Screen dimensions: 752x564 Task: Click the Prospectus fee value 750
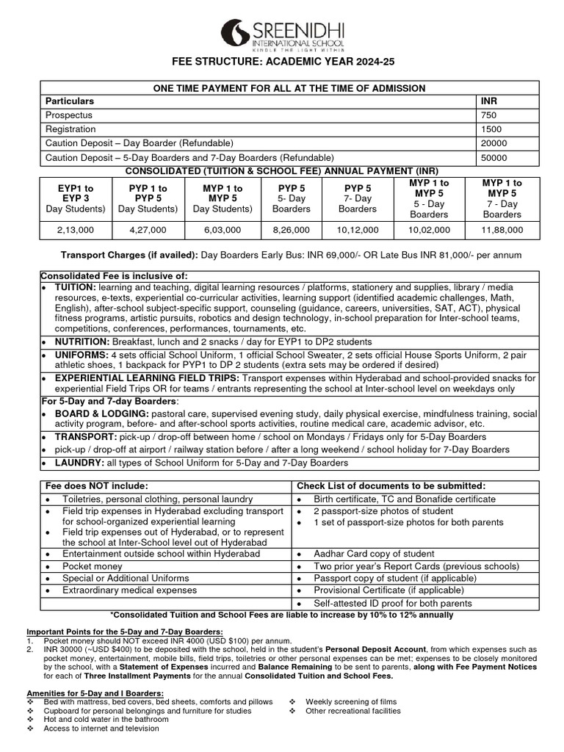point(489,115)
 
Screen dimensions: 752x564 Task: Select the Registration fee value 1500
point(491,129)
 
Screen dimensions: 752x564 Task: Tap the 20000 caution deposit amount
point(493,143)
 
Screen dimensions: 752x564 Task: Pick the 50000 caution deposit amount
point(493,157)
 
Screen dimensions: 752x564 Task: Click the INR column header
point(489,101)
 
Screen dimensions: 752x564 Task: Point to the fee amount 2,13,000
point(72,230)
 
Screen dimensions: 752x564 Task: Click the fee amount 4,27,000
point(149,230)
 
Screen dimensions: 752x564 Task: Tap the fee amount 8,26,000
point(292,230)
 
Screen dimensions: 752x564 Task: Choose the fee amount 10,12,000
point(358,230)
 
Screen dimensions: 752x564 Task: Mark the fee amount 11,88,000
point(502,230)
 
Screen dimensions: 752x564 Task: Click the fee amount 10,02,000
point(429,230)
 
